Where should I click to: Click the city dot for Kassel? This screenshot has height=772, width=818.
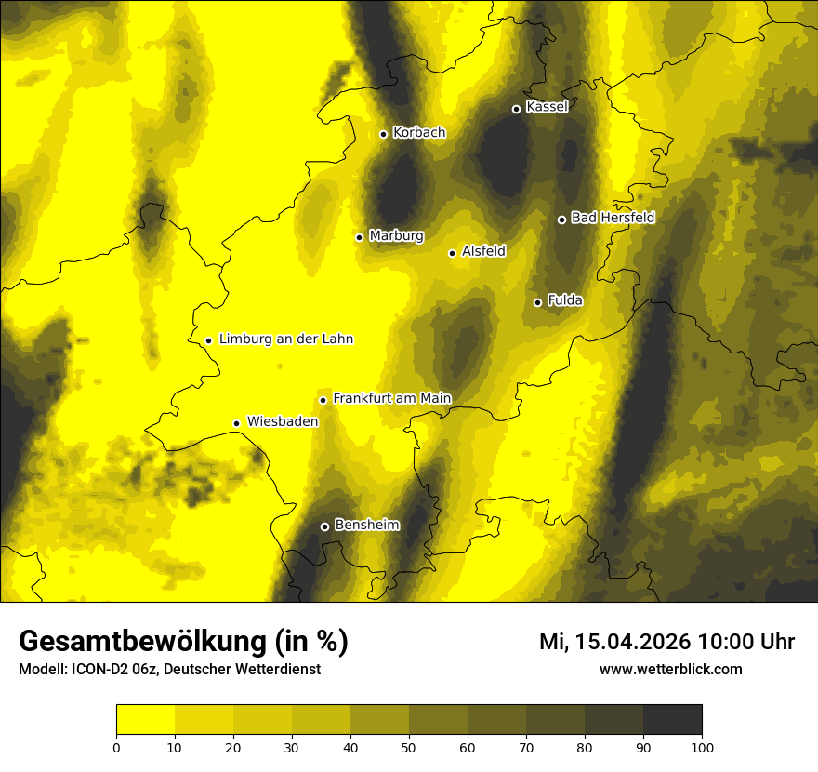(516, 109)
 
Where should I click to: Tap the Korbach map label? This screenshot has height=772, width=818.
(419, 133)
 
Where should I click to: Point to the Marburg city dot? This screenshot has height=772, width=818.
(359, 237)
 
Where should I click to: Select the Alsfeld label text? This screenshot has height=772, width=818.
(483, 251)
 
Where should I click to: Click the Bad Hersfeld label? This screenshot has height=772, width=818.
(613, 219)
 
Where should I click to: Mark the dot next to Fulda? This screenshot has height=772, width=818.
(537, 302)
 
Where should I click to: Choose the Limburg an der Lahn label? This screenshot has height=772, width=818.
(286, 339)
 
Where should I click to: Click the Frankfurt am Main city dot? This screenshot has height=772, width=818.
(323, 400)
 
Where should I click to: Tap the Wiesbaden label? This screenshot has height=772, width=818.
(283, 421)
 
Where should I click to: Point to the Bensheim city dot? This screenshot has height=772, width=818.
(324, 526)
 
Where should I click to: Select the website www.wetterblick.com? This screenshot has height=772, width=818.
(671, 669)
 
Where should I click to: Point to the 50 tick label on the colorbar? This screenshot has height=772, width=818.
(409, 747)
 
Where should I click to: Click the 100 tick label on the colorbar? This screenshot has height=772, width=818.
(702, 747)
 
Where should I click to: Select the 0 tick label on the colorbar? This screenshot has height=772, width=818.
(116, 747)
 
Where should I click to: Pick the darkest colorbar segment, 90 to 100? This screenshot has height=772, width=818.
(672, 719)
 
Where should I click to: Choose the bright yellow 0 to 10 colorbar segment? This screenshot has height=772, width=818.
(145, 719)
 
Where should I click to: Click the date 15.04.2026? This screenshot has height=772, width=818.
(632, 642)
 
